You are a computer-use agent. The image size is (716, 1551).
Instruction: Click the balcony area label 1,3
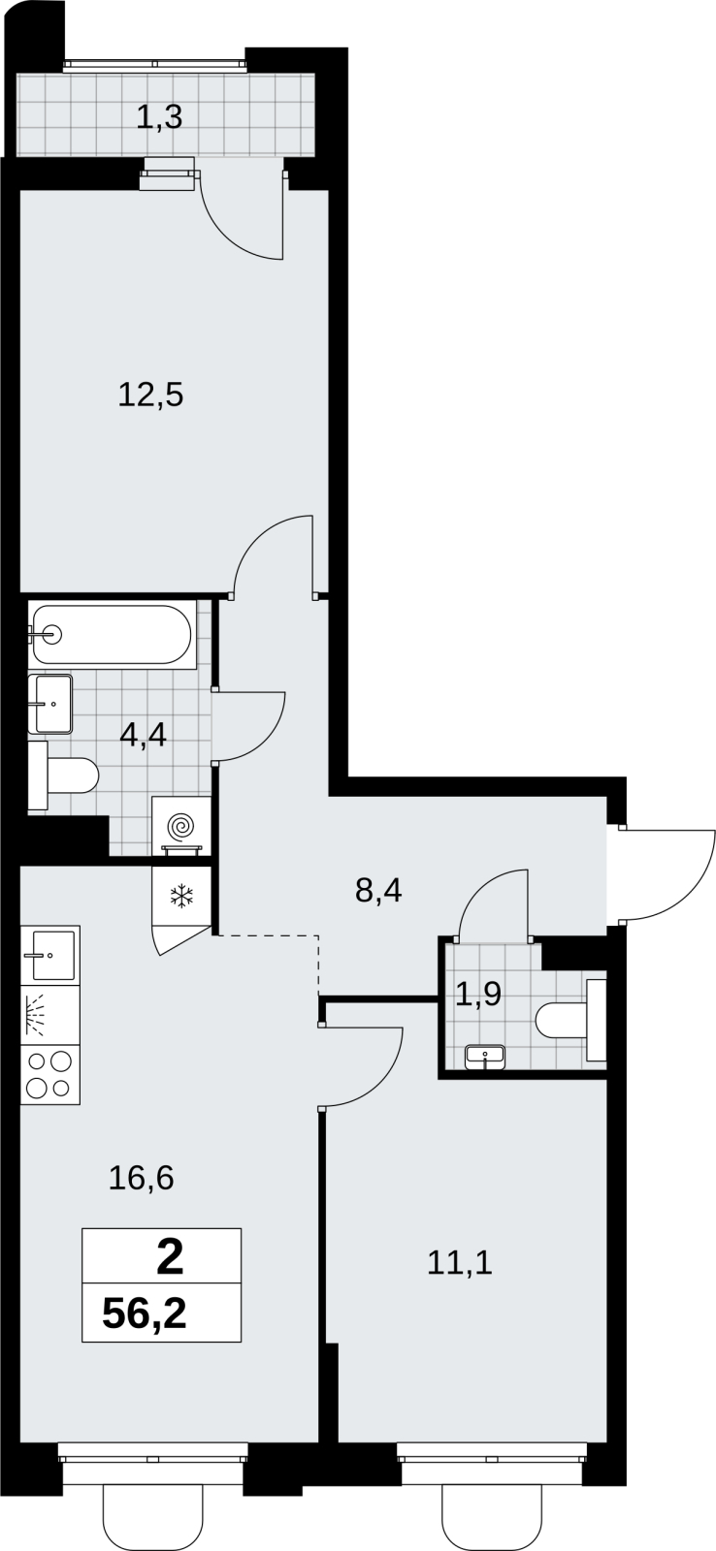pyautogui.click(x=159, y=117)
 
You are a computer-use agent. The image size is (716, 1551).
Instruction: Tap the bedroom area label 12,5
pyautogui.click(x=150, y=396)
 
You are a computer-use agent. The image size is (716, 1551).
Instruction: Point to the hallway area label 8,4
pyautogui.click(x=378, y=891)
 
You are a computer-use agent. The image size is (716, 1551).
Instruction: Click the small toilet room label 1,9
pyautogui.click(x=477, y=995)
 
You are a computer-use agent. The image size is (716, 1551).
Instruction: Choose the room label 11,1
pyautogui.click(x=460, y=1263)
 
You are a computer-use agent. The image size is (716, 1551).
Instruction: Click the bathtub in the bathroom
pyautogui.click(x=112, y=634)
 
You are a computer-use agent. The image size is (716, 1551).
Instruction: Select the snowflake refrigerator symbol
pyautogui.click(x=180, y=897)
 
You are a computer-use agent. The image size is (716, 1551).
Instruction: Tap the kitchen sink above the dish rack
pyautogui.click(x=49, y=955)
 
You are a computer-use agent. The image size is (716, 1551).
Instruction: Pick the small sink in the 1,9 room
pyautogui.click(x=484, y=1058)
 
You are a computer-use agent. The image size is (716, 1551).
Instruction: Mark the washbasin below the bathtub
pyautogui.click(x=49, y=704)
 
